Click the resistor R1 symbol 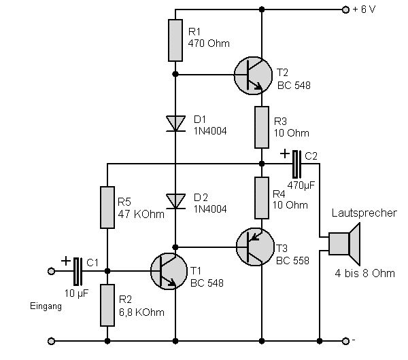[x=175, y=41]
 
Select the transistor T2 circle [x=254, y=74]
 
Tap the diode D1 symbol [x=175, y=123]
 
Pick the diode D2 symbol [x=175, y=200]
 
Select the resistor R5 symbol [x=107, y=208]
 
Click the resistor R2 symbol [x=107, y=304]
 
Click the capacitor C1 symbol [x=77, y=270]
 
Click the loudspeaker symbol [x=343, y=243]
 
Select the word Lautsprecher [x=363, y=213]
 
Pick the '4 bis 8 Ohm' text [x=364, y=274]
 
